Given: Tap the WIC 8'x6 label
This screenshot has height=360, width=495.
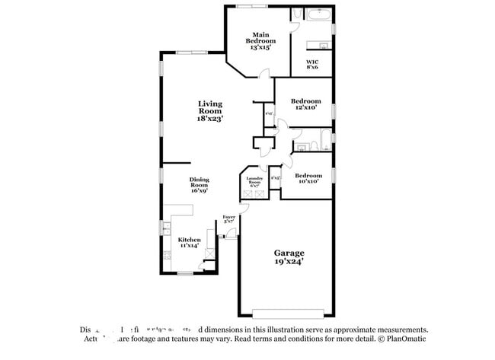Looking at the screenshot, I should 312,65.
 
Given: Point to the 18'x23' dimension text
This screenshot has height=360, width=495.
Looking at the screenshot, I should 210,119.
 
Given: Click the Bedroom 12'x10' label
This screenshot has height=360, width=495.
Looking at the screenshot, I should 306,104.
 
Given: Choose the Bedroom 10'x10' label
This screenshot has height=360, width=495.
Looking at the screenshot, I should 306,178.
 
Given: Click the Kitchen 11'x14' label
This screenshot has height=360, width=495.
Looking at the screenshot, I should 190,243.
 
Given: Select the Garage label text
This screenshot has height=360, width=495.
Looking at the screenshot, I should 289,253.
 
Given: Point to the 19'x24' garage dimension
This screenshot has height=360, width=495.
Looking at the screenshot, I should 289,263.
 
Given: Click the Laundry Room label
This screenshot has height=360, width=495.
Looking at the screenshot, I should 254,182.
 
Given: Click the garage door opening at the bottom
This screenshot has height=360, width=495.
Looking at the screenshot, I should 289,312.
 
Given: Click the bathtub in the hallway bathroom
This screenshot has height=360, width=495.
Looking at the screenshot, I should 324,141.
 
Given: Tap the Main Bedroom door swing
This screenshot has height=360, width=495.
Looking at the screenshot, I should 263,74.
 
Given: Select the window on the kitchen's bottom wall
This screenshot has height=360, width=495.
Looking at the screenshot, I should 186,273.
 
